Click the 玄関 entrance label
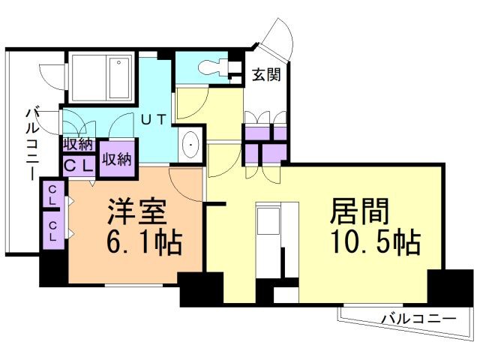[266, 74]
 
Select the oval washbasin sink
[190, 144]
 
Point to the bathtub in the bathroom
[120, 78]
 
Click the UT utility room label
[153, 119]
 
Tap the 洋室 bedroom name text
[136, 211]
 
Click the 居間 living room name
[359, 211]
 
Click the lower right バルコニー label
[418, 319]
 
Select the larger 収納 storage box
[118, 158]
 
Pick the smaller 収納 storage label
[78, 145]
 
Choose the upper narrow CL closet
[52, 194]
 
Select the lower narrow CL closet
[52, 230]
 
